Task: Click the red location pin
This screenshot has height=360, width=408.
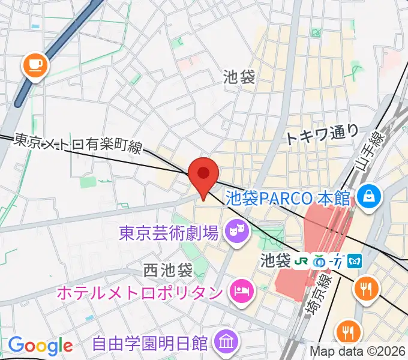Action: click(203, 175)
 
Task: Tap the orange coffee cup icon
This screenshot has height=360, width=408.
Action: click(35, 64)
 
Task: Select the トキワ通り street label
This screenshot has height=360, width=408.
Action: click(322, 133)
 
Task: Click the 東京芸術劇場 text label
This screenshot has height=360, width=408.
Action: click(168, 231)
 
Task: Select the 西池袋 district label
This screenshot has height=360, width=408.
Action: click(169, 270)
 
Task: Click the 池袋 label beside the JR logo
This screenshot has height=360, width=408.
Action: click(275, 261)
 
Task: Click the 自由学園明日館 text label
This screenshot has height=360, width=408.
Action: click(150, 344)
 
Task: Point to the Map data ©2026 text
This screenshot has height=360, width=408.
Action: click(358, 352)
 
